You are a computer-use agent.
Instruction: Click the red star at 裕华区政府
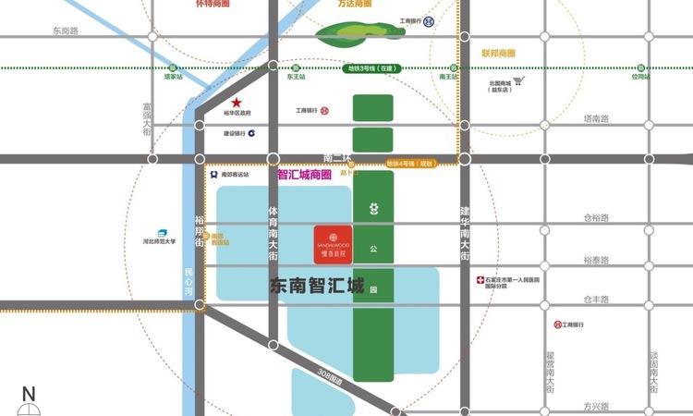237,103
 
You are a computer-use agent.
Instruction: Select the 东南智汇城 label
316,287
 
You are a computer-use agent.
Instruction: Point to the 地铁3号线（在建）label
371,68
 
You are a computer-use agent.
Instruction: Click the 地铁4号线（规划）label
409,164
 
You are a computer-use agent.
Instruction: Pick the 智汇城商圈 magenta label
304,174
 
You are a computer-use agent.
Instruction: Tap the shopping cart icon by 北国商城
518,81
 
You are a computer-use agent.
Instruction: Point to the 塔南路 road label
596,118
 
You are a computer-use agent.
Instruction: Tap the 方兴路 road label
596,406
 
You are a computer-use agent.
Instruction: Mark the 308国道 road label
327,376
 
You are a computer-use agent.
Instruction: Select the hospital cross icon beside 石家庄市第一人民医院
480,279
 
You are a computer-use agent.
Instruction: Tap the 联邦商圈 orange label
497,54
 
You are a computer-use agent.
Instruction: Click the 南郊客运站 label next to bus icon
235,174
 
